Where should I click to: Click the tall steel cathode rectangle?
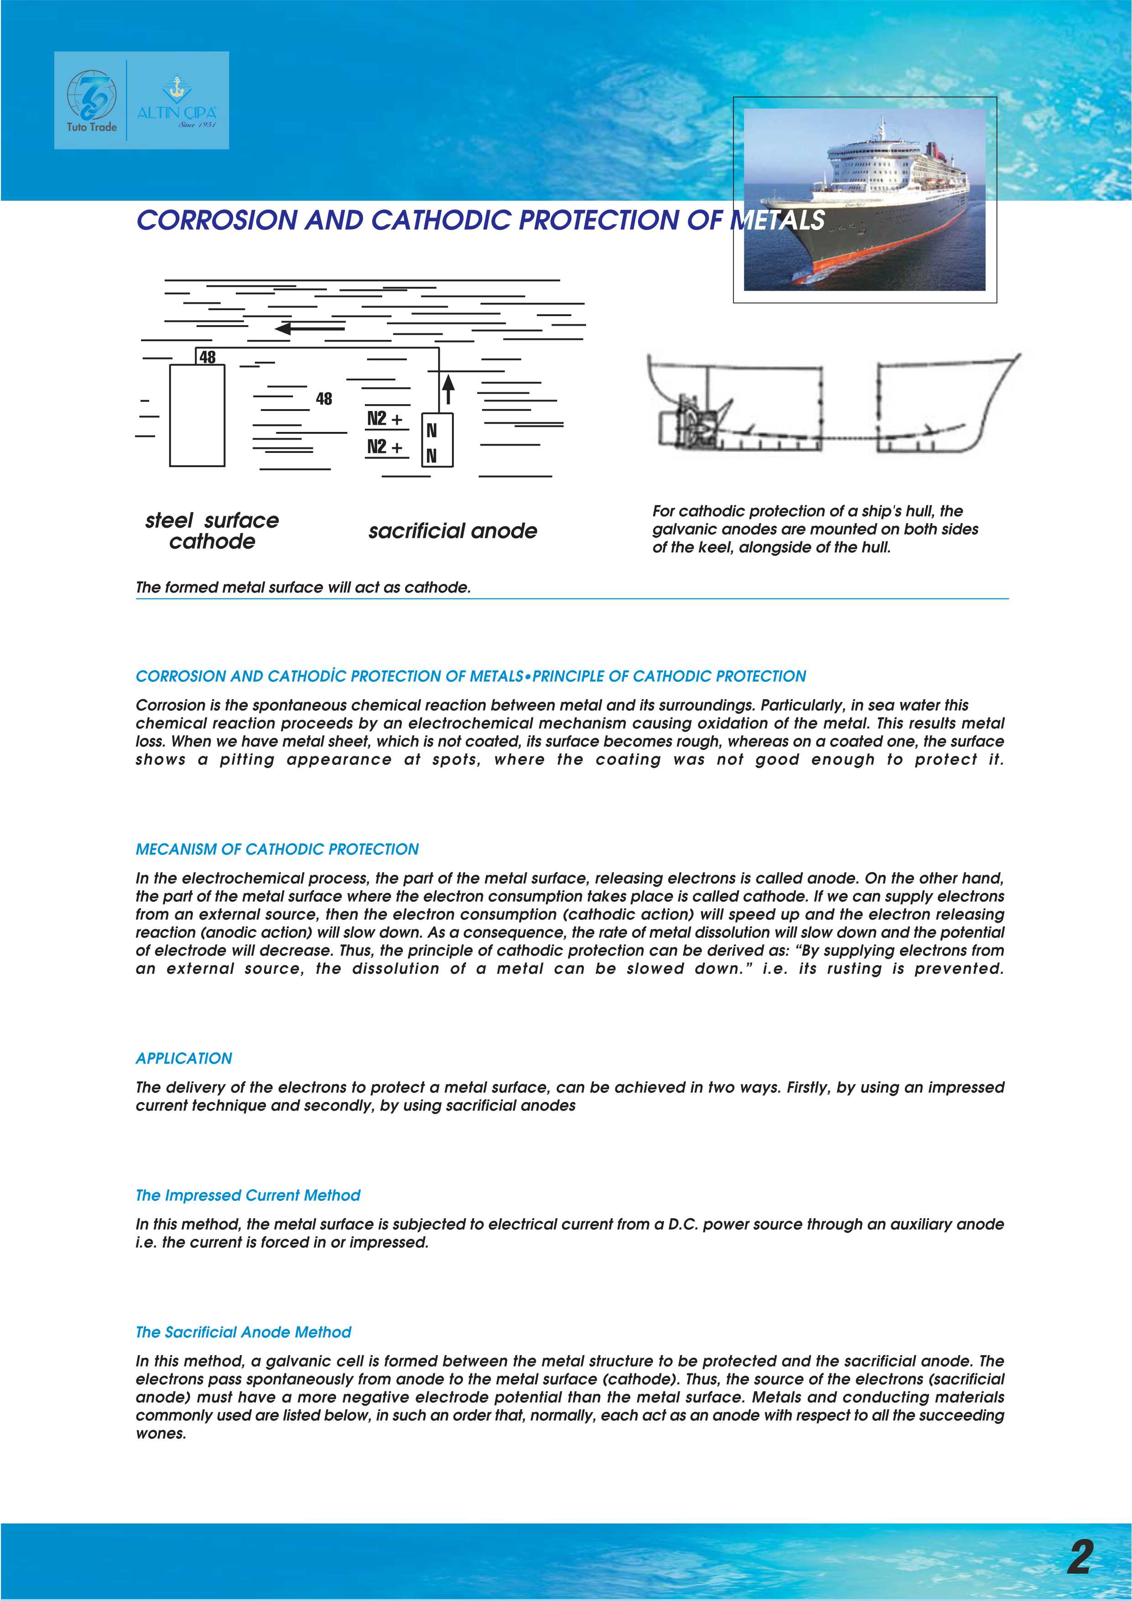tap(197, 416)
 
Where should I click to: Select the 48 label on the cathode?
tap(207, 357)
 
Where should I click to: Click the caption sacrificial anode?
tap(452, 531)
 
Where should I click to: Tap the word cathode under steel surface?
tap(212, 542)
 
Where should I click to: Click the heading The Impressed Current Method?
tap(248, 1195)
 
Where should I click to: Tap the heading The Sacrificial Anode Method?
tap(243, 1332)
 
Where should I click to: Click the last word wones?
tap(161, 1434)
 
